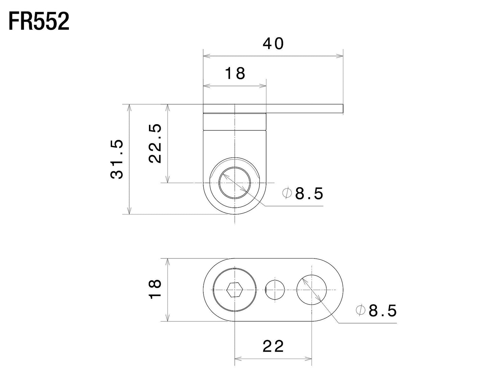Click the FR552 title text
tap(39, 22)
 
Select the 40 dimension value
tap(273, 44)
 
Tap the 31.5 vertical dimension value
tap(117, 159)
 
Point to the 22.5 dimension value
tap(155, 143)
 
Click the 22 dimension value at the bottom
tap(273, 346)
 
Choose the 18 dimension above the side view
tap(235, 74)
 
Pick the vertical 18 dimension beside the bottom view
tap(155, 289)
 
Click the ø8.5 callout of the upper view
tap(303, 193)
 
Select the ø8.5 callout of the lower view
tap(376, 310)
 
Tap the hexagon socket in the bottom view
tap(235, 290)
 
